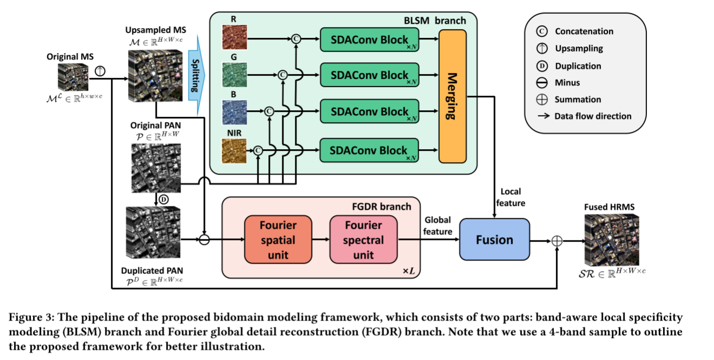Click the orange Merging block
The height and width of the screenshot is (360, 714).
452,96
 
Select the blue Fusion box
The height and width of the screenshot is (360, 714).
494,239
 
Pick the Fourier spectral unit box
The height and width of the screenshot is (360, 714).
363,239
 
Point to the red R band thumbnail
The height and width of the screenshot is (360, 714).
234,40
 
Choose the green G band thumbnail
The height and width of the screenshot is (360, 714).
234,75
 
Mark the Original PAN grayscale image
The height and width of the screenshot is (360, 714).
155,168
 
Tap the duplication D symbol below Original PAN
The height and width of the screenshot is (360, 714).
162,199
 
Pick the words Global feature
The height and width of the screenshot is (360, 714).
438,226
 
